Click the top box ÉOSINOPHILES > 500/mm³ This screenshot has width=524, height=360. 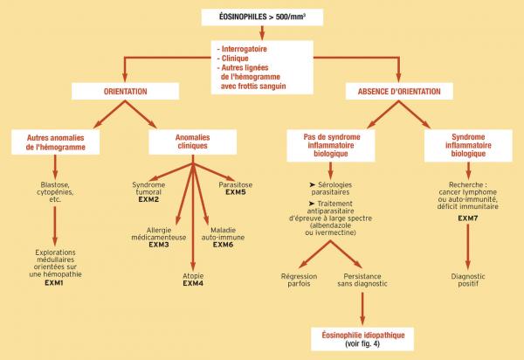click(262, 17)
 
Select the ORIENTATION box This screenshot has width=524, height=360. click(125, 91)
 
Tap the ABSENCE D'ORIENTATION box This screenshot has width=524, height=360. click(399, 91)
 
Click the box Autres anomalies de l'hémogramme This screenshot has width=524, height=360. click(56, 142)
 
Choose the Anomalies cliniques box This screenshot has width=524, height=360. click(192, 142)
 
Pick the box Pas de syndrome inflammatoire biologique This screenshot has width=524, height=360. click(331, 145)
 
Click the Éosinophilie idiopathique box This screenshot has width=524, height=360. click(362, 339)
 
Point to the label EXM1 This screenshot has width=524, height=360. click(54, 283)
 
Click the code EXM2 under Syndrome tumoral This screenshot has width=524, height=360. click(148, 199)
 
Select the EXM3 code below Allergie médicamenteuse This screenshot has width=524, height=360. click(159, 245)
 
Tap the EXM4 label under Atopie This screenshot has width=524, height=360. click(193, 283)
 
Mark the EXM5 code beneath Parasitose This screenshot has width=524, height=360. click(236, 192)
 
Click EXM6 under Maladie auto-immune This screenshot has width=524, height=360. click(223, 245)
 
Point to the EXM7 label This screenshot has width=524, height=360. click(468, 218)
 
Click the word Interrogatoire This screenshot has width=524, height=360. click(245, 49)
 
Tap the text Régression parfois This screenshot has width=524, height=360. click(299, 280)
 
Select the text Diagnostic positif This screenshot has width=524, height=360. click(468, 280)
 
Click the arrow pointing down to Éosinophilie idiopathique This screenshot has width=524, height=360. click(362, 308)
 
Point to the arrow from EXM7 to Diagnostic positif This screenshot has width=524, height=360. click(468, 246)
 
